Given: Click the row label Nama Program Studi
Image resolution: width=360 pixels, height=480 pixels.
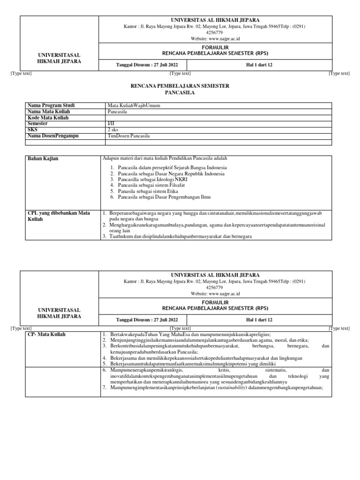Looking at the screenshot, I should click(x=51, y=105).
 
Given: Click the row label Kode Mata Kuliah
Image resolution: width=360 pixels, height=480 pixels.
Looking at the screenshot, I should click(x=48, y=118).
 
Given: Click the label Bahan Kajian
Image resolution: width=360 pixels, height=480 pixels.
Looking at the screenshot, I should click(x=44, y=159).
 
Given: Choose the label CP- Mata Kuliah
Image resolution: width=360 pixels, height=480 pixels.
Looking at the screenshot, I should click(x=47, y=334).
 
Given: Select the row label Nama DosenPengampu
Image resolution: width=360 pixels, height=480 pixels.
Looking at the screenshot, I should click(x=53, y=136).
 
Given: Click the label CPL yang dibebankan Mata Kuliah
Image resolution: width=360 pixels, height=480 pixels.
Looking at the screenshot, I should click(x=59, y=216).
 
